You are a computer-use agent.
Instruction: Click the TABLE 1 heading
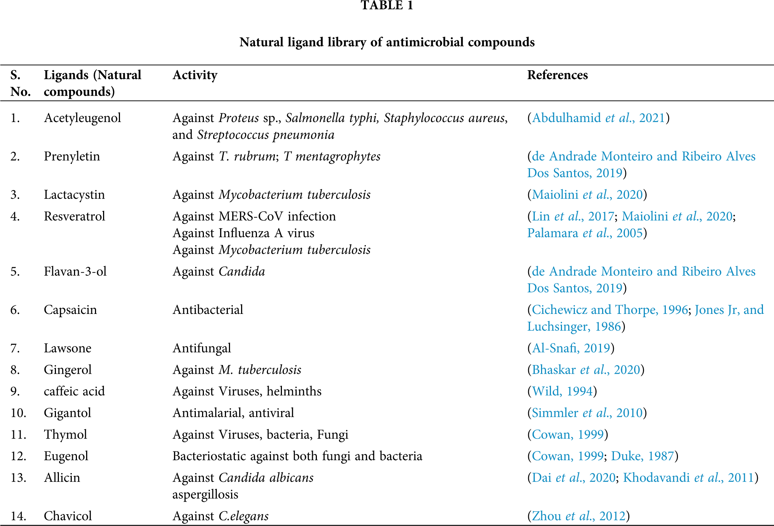pos(387,6)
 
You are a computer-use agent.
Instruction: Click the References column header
pos(557,75)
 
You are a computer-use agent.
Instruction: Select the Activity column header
pos(195,75)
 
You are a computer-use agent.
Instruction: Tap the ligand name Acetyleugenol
pos(82,118)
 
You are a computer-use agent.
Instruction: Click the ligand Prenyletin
pos(72,156)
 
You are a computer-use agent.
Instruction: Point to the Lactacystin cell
pos(74,194)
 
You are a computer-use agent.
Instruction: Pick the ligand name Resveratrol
pos(74,216)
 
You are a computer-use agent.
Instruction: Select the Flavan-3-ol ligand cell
pos(75,271)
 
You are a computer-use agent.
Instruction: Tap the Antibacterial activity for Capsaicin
pos(208,309)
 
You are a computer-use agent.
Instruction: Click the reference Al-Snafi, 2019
pos(571,348)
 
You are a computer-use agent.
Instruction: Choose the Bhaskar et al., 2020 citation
pos(586,369)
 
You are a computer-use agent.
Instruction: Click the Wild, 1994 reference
pos(562,391)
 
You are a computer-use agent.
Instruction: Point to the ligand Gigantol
pos(67,413)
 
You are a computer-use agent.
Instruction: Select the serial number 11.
pos(18,434)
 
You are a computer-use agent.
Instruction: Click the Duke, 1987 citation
pos(642,456)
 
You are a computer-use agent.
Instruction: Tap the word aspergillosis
pos(205,494)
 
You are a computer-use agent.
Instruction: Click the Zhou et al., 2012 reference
pos(579,516)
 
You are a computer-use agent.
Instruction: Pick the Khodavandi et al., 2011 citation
pos(688,477)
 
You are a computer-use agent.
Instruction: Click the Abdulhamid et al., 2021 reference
pos(598,118)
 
